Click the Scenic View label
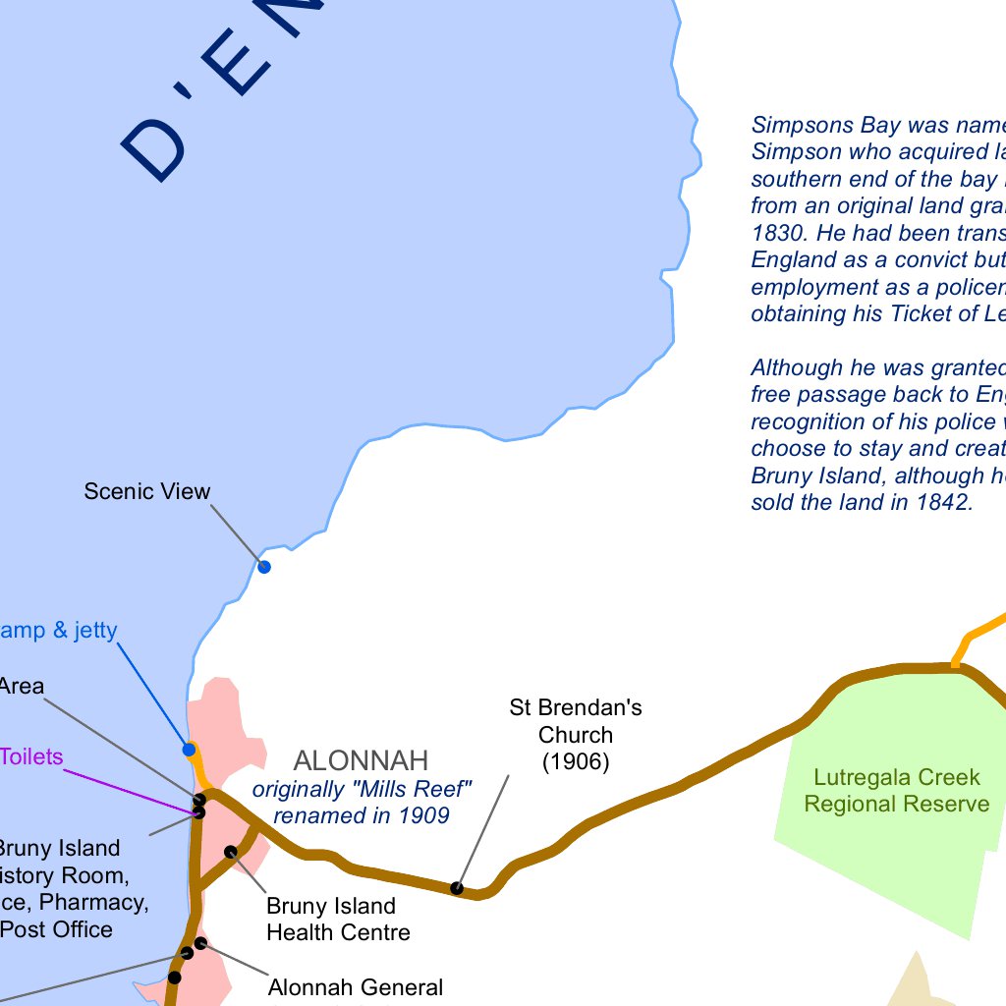pos(147,491)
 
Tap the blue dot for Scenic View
pos(263,566)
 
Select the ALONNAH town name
pos(361,760)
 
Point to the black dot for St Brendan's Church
pos(457,888)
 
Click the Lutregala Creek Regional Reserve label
pos(897,791)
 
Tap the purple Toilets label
pos(31,756)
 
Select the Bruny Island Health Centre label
pos(337,919)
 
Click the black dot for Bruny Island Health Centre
pos(231,852)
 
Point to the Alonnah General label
pos(356,987)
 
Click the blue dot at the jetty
pos(189,750)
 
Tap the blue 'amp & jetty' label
pos(59,631)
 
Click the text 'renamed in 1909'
pos(361,815)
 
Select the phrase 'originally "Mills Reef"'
pos(363,789)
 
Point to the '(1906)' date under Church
pos(576,761)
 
